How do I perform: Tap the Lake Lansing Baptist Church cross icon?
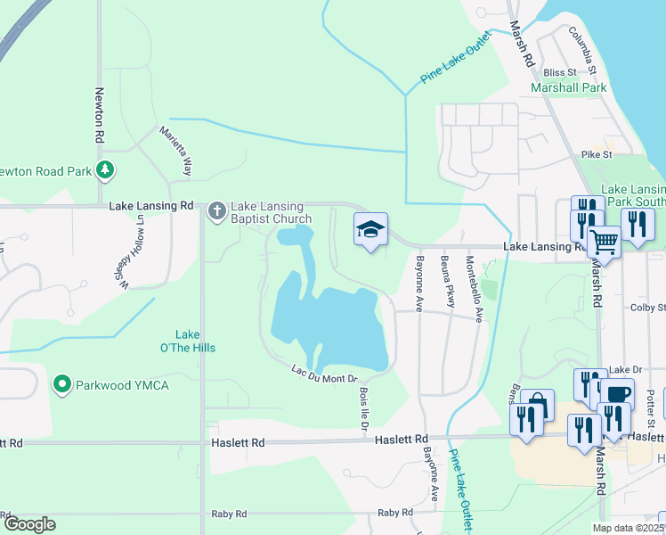pos(216,211)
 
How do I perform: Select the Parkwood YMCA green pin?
pos(61,385)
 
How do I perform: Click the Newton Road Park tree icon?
pos(105,169)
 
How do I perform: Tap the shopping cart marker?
pos(605,240)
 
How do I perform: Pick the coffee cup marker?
pos(616,393)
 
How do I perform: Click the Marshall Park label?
pos(568,87)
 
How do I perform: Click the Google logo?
pos(29,524)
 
